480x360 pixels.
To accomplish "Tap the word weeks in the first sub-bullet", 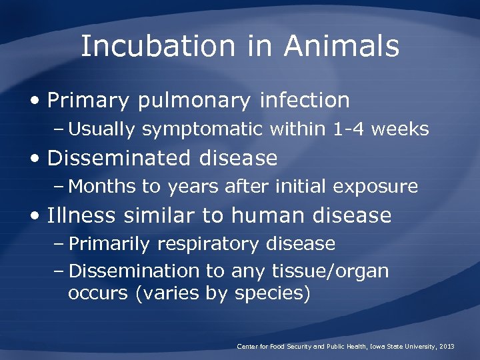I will (400, 129).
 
